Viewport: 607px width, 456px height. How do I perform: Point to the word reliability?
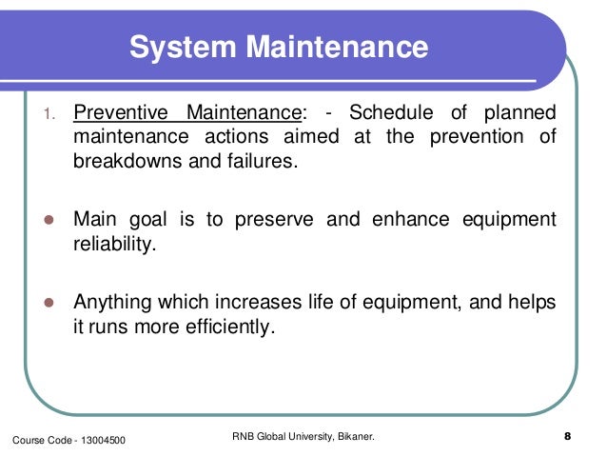[111, 244]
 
